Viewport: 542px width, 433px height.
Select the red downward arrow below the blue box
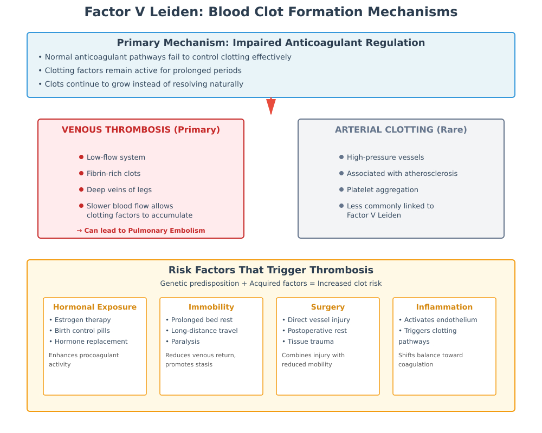pyautogui.click(x=271, y=106)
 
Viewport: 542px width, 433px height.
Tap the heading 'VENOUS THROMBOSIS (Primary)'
pyautogui.click(x=141, y=130)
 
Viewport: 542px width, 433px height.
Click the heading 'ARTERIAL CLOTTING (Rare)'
pyautogui.click(x=401, y=130)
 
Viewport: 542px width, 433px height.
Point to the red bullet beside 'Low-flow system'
pyautogui.click(x=81, y=157)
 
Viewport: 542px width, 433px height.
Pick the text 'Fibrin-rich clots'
pyautogui.click(x=113, y=174)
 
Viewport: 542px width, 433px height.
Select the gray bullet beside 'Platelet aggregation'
pyautogui.click(x=341, y=189)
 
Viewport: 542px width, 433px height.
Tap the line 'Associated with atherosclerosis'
pyautogui.click(x=402, y=174)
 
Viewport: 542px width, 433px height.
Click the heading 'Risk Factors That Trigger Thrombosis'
pyautogui.click(x=271, y=270)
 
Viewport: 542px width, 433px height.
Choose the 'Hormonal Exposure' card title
pyautogui.click(x=95, y=307)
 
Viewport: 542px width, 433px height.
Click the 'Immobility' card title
pyautogui.click(x=211, y=307)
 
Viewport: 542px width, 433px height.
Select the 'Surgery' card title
pyautogui.click(x=328, y=307)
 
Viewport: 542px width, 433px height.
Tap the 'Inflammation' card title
pyautogui.click(x=444, y=307)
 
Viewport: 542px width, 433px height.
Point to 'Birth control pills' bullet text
pyautogui.click(x=82, y=331)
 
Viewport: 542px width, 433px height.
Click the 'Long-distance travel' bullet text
pyautogui.click(x=204, y=331)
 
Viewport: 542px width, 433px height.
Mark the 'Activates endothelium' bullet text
pyautogui.click(x=441, y=320)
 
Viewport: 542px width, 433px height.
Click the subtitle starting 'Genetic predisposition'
pyautogui.click(x=271, y=284)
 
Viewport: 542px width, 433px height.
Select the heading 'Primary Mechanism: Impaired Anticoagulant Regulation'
pyautogui.click(x=271, y=43)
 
